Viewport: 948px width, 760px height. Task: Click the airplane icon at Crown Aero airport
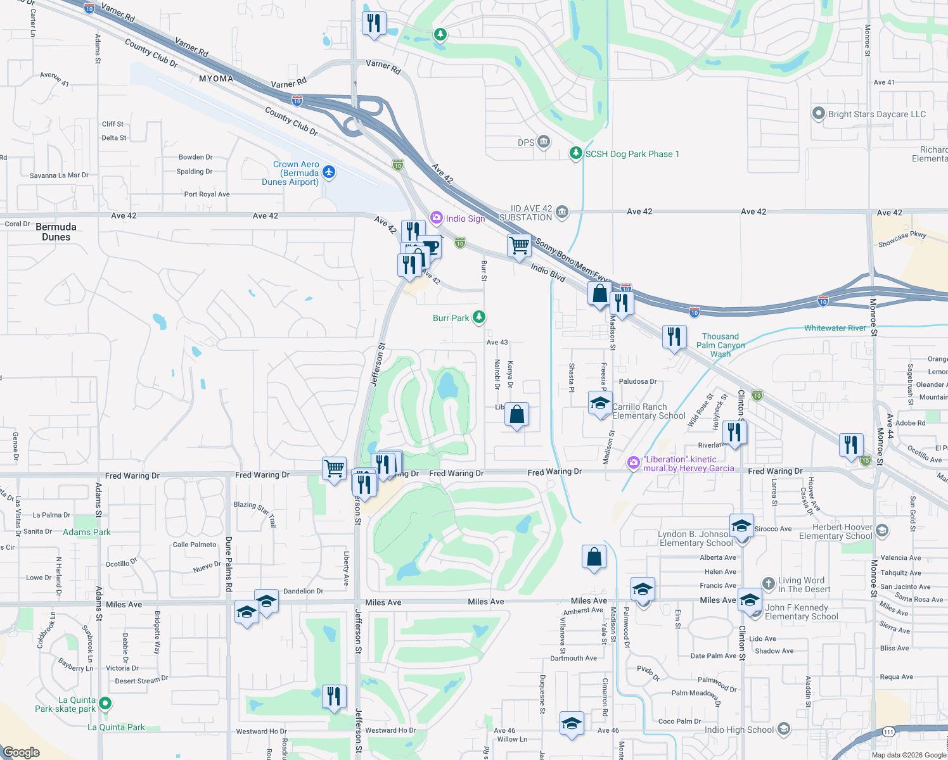click(x=328, y=172)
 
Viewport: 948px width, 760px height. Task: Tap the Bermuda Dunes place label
click(x=56, y=232)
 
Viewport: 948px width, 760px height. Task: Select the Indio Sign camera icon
click(x=436, y=218)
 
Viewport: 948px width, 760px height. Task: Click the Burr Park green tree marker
click(x=479, y=317)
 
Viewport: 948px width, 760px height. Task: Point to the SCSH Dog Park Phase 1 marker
click(x=575, y=153)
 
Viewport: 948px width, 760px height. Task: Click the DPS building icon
click(x=544, y=142)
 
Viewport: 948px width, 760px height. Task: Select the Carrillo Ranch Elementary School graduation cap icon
click(x=599, y=403)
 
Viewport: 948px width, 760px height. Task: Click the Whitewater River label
click(x=835, y=328)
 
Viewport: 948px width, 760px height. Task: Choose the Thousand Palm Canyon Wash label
click(x=721, y=345)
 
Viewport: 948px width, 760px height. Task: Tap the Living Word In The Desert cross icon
click(x=768, y=583)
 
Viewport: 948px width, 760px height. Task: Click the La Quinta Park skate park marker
click(x=105, y=704)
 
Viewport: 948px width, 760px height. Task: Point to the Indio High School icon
click(x=784, y=730)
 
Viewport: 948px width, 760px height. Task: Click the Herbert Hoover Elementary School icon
click(x=882, y=530)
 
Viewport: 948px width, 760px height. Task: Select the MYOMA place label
click(x=216, y=79)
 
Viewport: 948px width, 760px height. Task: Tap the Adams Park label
click(x=86, y=532)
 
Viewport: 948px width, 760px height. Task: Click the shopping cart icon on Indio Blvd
click(x=519, y=245)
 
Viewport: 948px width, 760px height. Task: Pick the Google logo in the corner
click(x=22, y=752)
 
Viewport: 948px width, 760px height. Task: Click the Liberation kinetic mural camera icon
click(x=633, y=463)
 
